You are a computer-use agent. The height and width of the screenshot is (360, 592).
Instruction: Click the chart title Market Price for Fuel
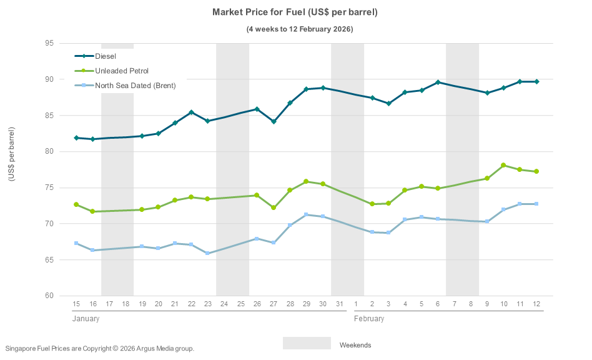[x=295, y=12]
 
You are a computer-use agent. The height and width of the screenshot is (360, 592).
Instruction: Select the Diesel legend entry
[x=106, y=56]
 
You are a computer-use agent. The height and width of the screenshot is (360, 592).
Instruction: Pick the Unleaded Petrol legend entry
[x=122, y=71]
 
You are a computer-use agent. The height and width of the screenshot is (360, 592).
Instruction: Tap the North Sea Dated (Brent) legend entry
[x=135, y=86]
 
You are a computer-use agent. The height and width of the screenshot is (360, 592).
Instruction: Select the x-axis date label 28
[x=290, y=304]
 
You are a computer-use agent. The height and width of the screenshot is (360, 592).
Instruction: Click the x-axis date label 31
[x=339, y=304]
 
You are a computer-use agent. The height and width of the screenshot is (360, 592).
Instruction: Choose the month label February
[x=369, y=319]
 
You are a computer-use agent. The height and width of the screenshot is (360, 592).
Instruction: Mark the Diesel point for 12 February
[x=536, y=82]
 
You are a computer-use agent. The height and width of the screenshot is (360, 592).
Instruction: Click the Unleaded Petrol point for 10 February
[x=503, y=165]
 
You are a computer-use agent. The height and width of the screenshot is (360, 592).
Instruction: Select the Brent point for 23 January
[x=207, y=253]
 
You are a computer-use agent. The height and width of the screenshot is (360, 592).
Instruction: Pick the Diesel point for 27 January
[x=274, y=121]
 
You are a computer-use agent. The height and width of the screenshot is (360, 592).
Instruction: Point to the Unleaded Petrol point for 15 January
[x=76, y=204]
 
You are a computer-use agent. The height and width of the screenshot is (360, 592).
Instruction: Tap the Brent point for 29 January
[x=306, y=214]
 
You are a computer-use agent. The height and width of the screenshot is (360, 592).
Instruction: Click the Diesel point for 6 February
[x=438, y=82]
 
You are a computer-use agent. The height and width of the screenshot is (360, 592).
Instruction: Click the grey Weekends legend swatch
[x=307, y=343]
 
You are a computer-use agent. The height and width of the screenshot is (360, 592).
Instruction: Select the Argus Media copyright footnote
[x=100, y=348]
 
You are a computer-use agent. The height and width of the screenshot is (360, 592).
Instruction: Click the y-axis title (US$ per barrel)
[x=11, y=154]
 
